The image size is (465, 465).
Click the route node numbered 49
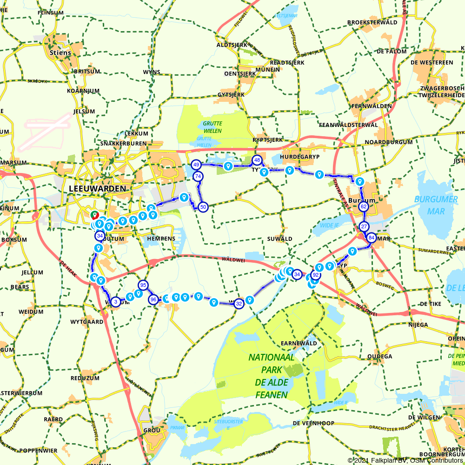point(196,165)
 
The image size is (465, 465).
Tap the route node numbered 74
point(198,176)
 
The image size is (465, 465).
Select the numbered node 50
point(203,207)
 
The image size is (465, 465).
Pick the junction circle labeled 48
point(257,160)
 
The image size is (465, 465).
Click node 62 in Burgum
point(364,206)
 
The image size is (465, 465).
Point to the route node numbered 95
point(143,285)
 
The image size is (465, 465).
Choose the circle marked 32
point(239,304)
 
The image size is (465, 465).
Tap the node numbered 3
point(115,302)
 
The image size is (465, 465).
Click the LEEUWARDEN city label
point(97,188)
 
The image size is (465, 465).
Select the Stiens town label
point(60,53)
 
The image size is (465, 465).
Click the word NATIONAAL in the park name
point(272,358)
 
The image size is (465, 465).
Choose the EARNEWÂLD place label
point(299,343)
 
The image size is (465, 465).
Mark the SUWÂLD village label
point(280,239)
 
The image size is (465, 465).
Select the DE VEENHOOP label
point(313,423)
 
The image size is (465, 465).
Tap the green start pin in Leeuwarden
point(94,215)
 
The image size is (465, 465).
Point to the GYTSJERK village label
point(231,95)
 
